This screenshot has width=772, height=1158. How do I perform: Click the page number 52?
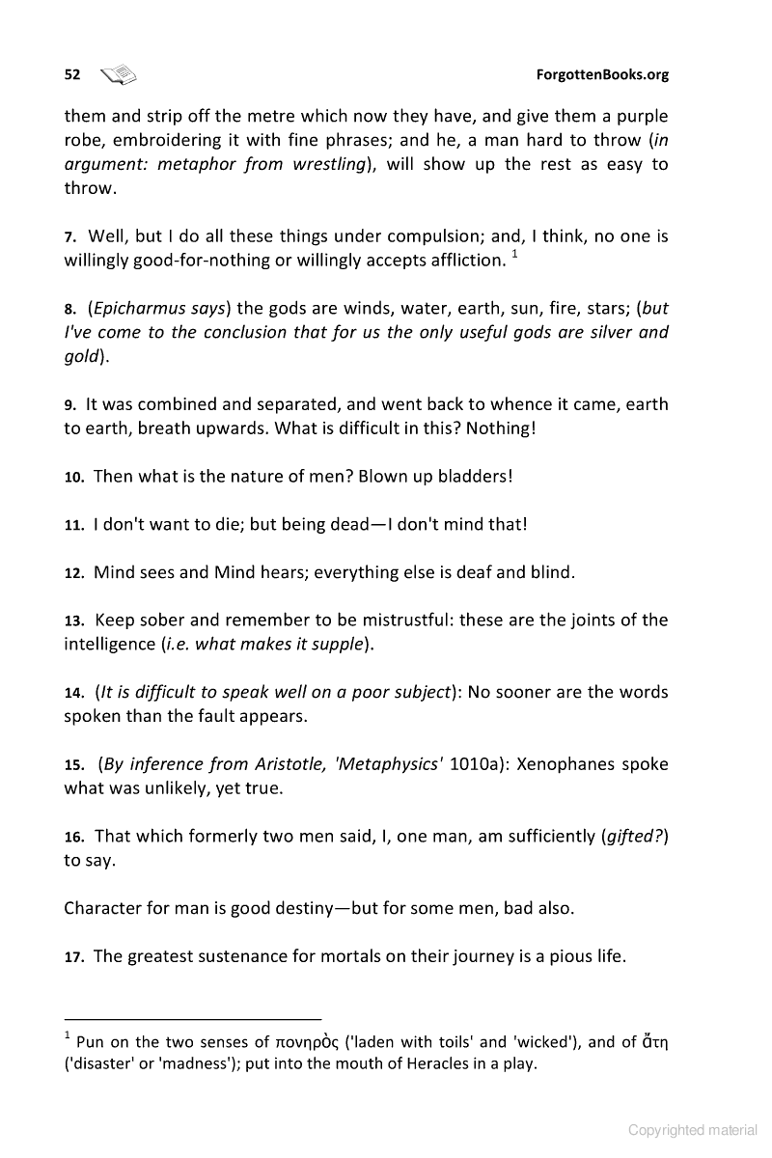click(71, 74)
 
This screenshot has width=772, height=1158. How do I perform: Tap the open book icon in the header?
click(121, 73)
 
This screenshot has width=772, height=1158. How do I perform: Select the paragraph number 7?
click(70, 237)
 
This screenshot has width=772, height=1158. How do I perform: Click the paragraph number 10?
click(74, 478)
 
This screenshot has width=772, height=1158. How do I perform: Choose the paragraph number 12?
click(74, 572)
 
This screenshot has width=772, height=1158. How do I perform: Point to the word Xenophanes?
click(567, 764)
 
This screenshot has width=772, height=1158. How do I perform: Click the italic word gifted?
click(632, 837)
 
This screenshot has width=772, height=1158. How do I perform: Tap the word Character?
click(106, 908)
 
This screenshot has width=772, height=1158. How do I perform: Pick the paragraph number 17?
click(74, 957)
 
